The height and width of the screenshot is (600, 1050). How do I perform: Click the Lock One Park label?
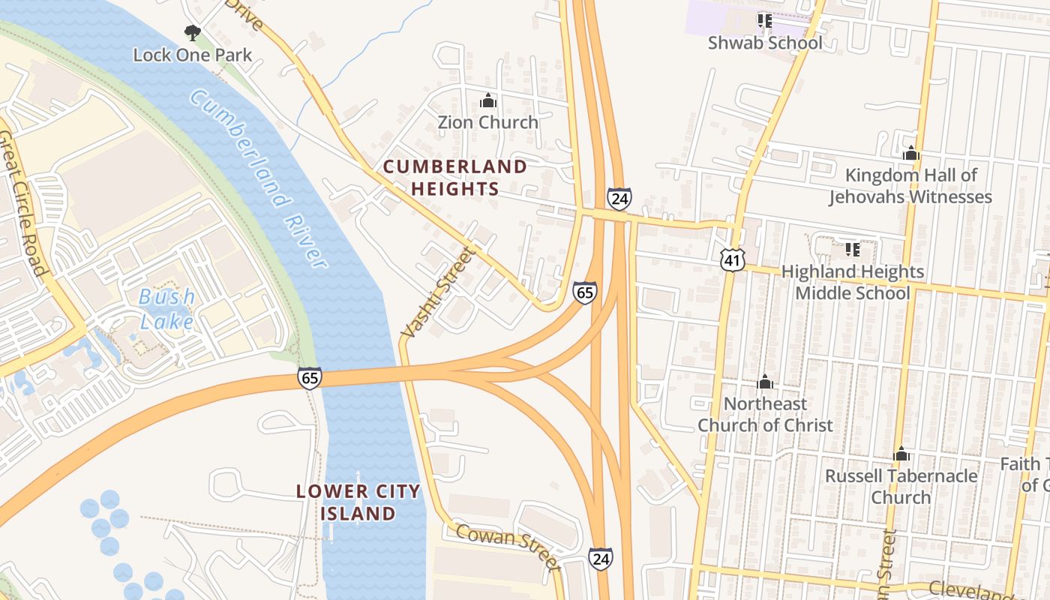tap(193, 55)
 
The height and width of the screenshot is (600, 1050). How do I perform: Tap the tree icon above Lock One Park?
tap(193, 33)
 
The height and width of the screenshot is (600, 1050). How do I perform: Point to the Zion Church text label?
tap(487, 121)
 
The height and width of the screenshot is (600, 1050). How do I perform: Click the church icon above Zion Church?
tap(487, 100)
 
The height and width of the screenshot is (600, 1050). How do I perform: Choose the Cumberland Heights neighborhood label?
tap(455, 178)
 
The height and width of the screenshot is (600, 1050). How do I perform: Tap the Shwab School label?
tap(765, 43)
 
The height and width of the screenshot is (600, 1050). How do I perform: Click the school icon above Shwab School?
tap(764, 20)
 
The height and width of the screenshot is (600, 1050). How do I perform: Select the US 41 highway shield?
tap(732, 260)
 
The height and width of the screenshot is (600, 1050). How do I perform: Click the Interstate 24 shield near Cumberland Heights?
tap(619, 199)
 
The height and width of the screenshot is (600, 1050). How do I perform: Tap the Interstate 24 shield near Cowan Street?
tap(600, 559)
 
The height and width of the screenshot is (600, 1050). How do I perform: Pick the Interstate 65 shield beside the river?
tap(310, 377)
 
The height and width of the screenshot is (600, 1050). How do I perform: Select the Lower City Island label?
tap(358, 502)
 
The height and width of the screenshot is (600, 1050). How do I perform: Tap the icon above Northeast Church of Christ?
tap(765, 382)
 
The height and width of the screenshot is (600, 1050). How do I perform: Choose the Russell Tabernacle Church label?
tap(901, 486)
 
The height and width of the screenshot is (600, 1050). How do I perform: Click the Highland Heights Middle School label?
tap(853, 282)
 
